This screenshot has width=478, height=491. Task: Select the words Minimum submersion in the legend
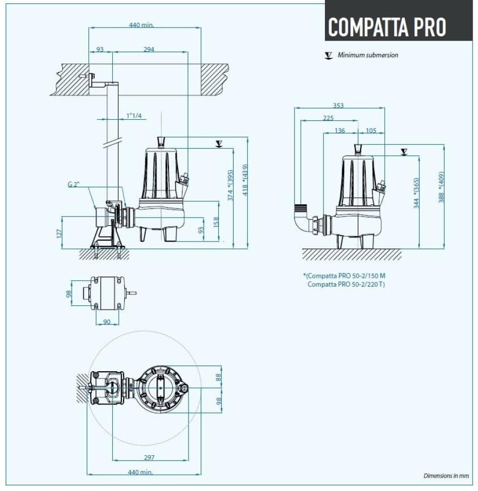368,55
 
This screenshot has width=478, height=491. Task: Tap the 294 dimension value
149,49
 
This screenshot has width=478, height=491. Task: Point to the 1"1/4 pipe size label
133,115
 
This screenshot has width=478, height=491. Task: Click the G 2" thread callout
74,185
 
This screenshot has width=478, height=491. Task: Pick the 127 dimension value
59,232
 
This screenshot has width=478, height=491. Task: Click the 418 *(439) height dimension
244,181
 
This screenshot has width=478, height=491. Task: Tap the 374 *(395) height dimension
230,185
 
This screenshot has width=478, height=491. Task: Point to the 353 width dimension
338,105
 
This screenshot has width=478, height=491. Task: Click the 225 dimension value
328,118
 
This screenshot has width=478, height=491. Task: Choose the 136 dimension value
339,130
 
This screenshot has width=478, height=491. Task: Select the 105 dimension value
371,130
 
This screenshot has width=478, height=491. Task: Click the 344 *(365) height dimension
416,193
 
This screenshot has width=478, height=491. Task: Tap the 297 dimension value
149,457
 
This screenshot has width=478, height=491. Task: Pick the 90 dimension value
107,322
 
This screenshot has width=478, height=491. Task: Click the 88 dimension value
219,377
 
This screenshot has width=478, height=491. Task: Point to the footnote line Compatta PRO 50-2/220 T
346,284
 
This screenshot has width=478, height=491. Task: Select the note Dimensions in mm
446,476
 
